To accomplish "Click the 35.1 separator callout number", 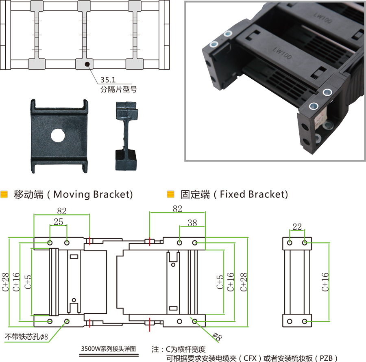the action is coord(108,80).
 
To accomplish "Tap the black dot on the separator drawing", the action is coord(87,64).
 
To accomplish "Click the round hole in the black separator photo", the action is coord(59,135).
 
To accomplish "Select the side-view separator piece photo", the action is coord(126,136).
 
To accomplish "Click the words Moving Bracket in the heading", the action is coord(93,194).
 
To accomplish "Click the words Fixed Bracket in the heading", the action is coord(254,194).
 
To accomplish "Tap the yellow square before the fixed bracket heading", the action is coord(171,194).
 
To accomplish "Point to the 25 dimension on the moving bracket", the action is coord(58,222).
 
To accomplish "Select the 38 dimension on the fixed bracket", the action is coord(192,223).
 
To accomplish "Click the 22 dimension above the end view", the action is coord(297,227).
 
